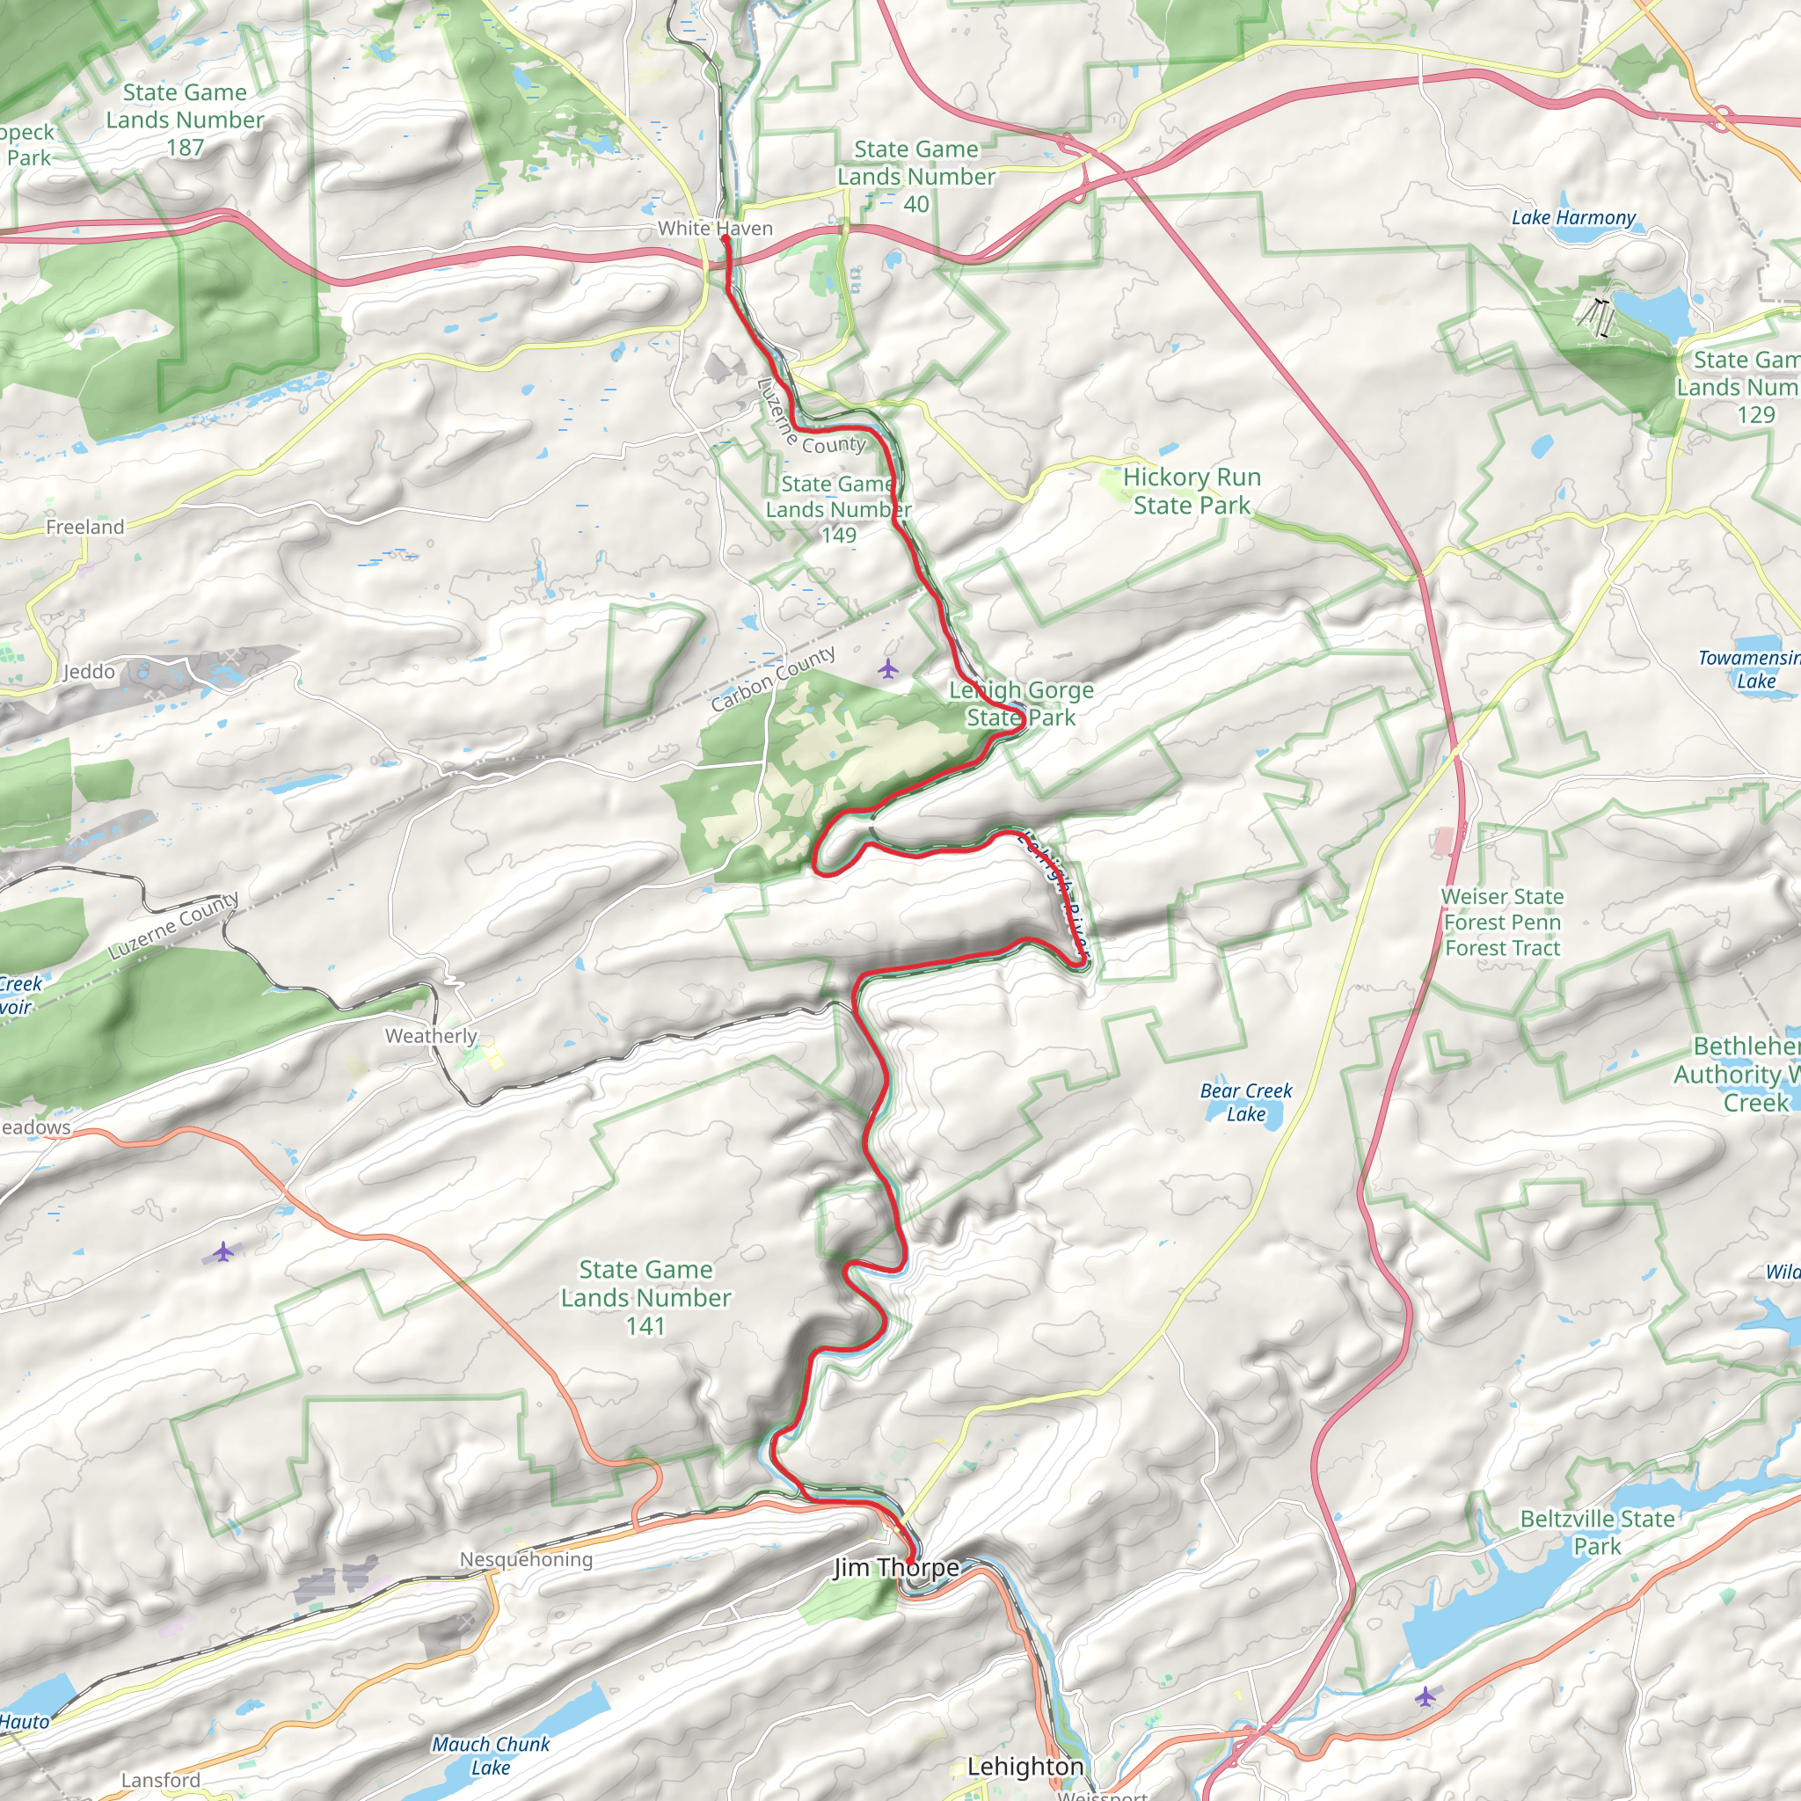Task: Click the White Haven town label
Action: (714, 229)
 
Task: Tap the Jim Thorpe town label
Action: (896, 1567)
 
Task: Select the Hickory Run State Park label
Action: (1192, 492)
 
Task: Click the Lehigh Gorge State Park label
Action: (1021, 704)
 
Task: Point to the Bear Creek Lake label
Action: (1245, 1102)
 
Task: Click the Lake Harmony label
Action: (1572, 217)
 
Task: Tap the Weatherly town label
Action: (431, 1036)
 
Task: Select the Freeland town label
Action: (84, 528)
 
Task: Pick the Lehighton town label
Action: (1025, 1766)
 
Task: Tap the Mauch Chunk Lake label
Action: (491, 1755)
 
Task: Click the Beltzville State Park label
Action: (1597, 1533)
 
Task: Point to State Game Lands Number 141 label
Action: (645, 1298)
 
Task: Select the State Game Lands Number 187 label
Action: (185, 120)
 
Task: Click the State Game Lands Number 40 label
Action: (915, 176)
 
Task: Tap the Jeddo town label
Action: (90, 672)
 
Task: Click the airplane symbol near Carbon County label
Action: (888, 668)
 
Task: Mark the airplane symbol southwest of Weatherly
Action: (222, 1252)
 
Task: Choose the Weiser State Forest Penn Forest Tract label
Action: (1502, 922)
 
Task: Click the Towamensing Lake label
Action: (1750, 669)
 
